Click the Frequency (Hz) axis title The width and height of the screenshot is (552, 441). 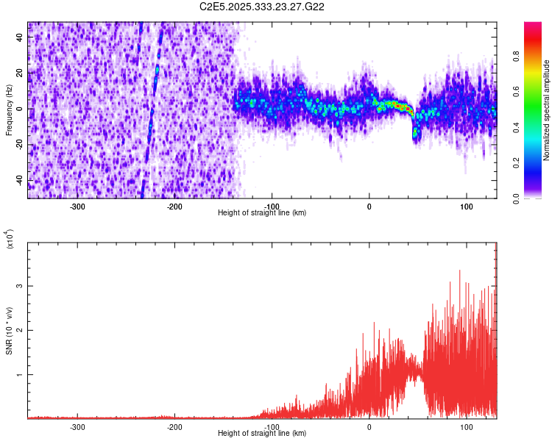(9, 110)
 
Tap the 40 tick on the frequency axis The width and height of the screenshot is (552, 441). (20, 37)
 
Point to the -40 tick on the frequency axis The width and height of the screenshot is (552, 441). (18, 181)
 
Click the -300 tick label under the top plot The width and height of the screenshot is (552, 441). (77, 206)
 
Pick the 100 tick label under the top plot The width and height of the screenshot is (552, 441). (467, 206)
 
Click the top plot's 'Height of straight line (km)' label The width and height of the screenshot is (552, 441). (262, 212)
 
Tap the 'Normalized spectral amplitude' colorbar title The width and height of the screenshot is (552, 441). (546, 110)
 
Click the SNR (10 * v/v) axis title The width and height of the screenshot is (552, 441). (9, 330)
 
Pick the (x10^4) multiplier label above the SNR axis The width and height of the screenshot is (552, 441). (10, 240)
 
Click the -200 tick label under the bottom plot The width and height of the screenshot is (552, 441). (174, 426)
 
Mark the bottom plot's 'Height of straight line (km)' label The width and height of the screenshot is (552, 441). (262, 433)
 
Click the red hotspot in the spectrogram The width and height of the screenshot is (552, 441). (398, 107)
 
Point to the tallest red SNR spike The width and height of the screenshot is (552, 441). (460, 271)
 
